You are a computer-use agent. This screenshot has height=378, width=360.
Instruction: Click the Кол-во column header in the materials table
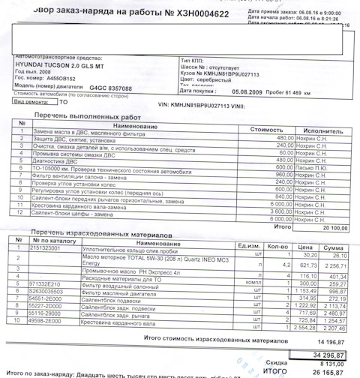coord(277,244)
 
